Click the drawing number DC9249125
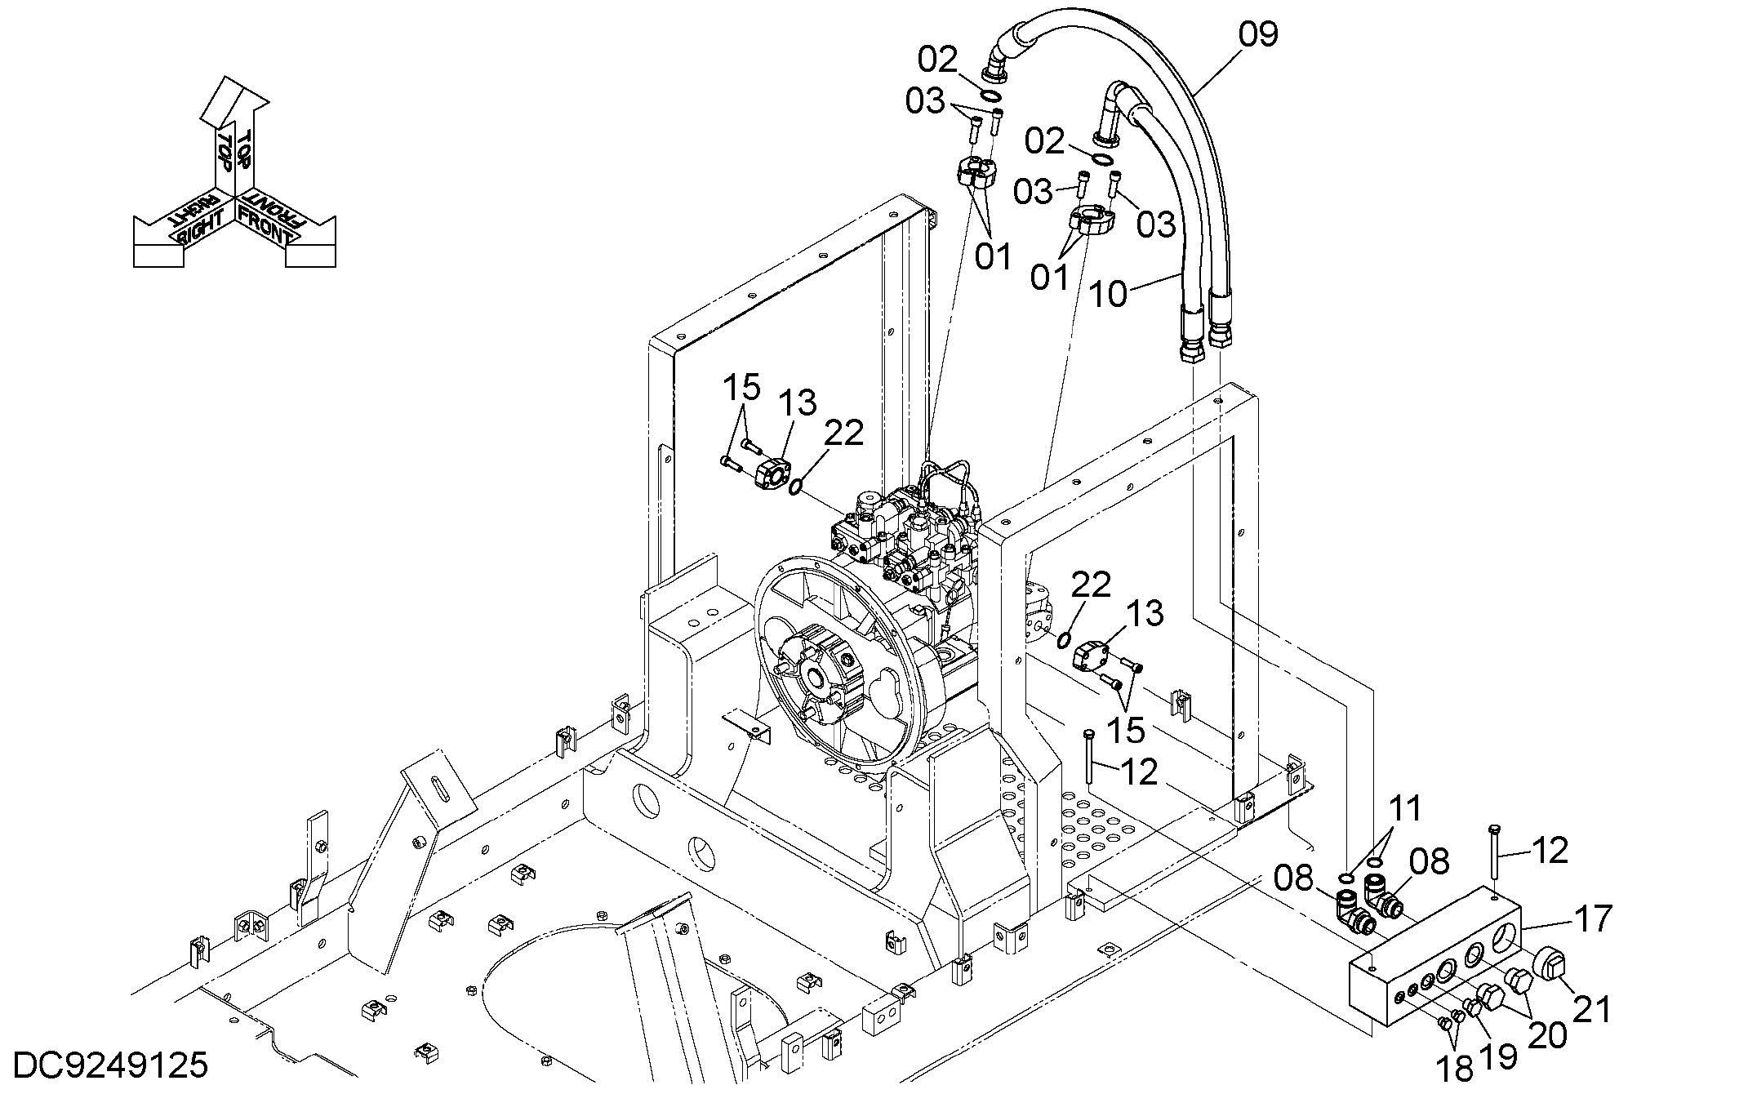[111, 1066]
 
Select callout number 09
[1257, 35]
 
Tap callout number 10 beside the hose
[1109, 294]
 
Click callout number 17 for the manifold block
[1592, 918]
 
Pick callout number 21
[1591, 1010]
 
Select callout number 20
[1547, 1035]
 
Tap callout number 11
[1405, 808]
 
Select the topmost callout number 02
[937, 60]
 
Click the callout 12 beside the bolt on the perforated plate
[1139, 772]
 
